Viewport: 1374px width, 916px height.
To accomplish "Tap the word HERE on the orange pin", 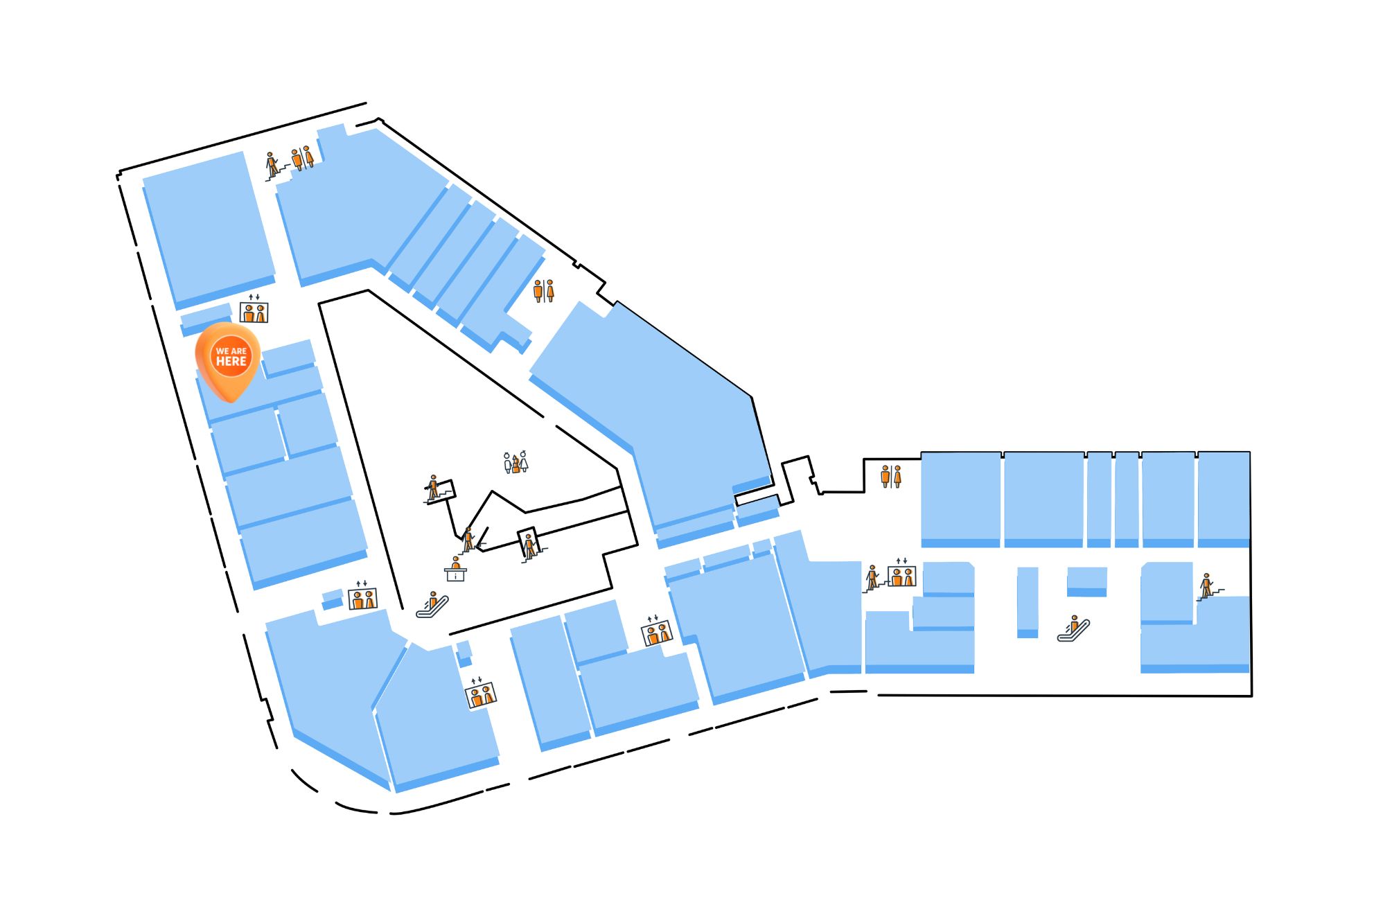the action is (231, 362).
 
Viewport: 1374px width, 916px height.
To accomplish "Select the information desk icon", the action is (455, 569).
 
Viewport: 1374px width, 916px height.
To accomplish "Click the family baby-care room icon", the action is (516, 462).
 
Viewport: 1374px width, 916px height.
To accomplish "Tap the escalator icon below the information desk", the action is (432, 605).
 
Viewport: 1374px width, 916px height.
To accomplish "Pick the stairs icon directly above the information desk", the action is (469, 540).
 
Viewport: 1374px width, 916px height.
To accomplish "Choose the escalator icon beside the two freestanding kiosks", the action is (1073, 628).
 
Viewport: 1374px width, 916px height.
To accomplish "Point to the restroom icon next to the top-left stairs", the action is (303, 158).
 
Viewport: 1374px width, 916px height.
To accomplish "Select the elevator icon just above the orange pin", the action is (254, 309).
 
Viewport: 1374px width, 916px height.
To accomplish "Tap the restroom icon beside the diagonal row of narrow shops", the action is (544, 291).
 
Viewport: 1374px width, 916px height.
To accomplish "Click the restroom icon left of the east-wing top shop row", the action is (891, 477).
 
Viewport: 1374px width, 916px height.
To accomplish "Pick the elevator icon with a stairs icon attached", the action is (901, 573).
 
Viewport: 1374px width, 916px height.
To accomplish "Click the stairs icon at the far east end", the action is (1208, 586).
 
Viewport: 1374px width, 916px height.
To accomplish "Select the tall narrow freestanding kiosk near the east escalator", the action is (1028, 602).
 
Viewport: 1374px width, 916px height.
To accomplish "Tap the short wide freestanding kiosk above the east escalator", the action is (1086, 581).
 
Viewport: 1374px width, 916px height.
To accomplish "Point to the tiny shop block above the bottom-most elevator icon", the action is (464, 653).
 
